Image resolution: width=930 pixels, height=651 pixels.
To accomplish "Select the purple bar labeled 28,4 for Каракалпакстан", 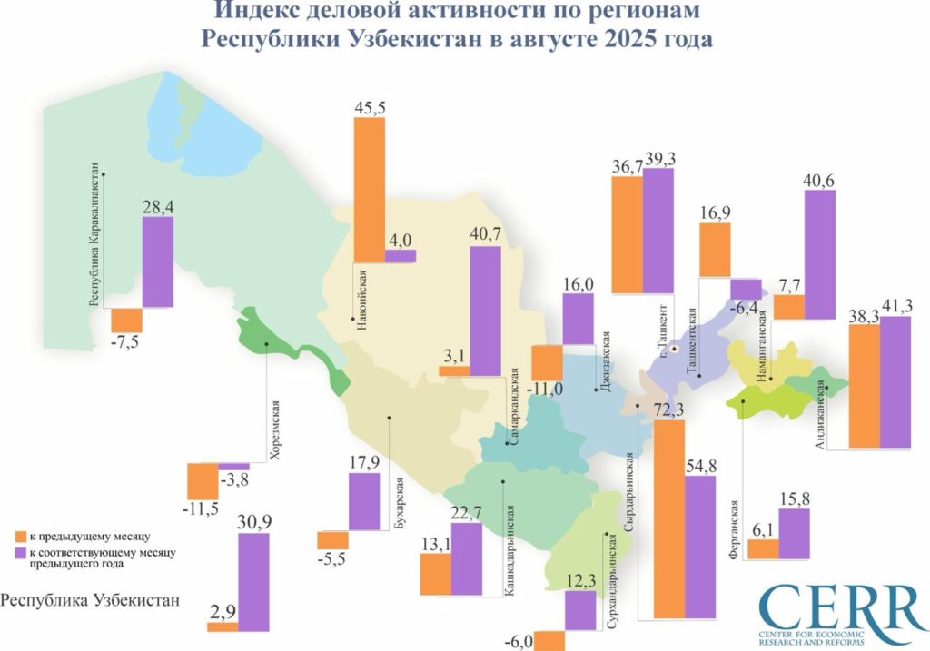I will tap(157, 262).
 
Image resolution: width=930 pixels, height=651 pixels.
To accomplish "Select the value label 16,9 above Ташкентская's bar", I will tap(717, 214).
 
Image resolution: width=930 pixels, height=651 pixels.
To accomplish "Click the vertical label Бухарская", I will tap(400, 514).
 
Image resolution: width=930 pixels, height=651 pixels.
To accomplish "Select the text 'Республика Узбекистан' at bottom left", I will tap(91, 600).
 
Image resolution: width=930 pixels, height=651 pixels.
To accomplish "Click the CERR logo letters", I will tap(841, 604).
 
